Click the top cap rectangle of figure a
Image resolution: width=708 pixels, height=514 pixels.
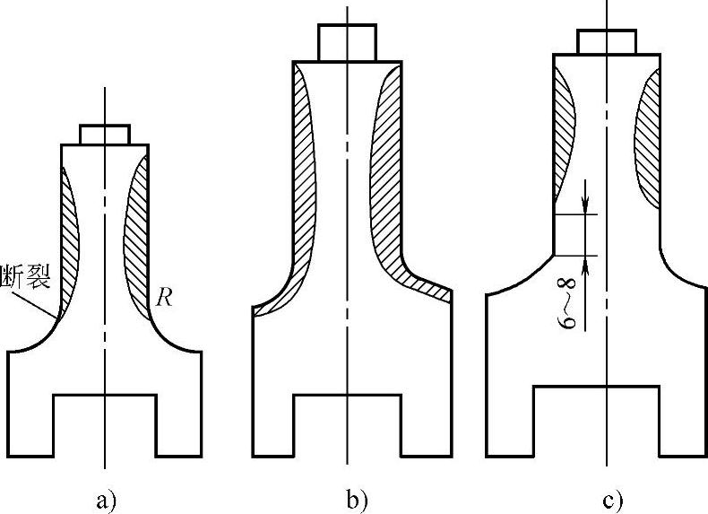(105, 135)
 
